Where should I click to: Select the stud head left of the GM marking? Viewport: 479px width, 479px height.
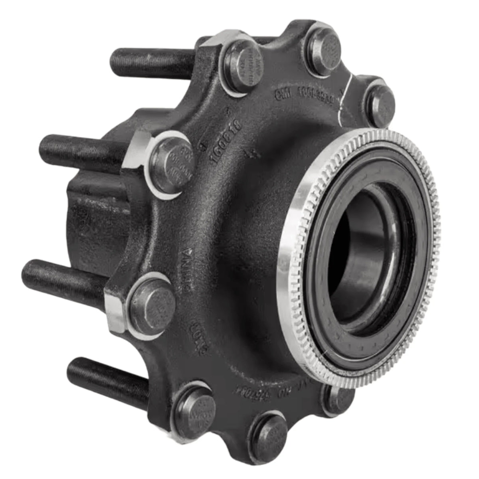[x=240, y=66]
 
